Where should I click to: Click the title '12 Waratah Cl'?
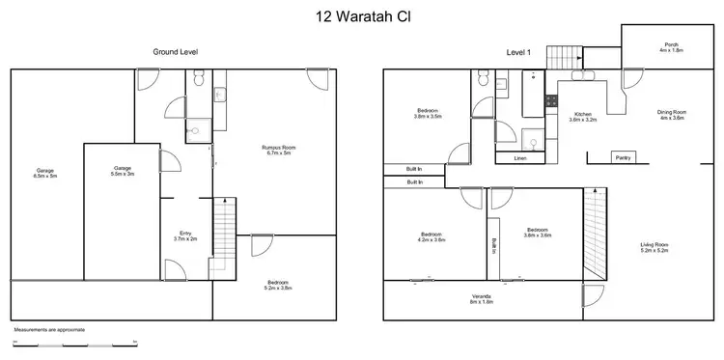pos(361,16)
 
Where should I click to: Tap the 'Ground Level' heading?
pos(176,51)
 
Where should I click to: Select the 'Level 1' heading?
pos(517,51)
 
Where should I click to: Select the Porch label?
pos(671,46)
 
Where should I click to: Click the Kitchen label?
pos(582,116)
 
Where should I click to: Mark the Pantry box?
pos(625,157)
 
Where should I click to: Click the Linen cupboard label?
pos(519,157)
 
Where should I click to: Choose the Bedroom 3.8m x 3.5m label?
pos(427,115)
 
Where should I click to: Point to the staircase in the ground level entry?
pos(223,235)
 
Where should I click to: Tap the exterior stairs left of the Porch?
pos(561,57)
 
